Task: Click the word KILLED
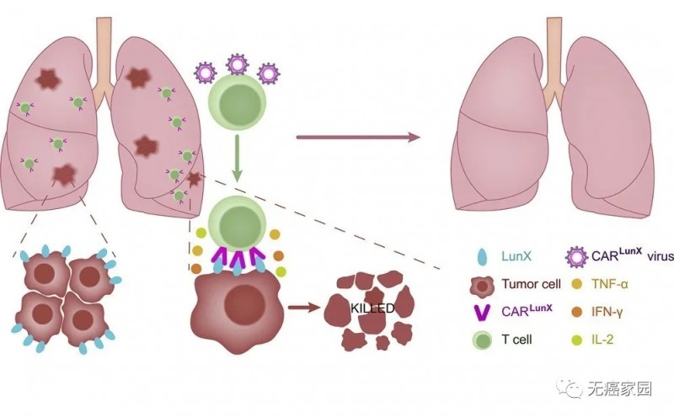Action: (x=372, y=309)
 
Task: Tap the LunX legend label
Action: (x=505, y=254)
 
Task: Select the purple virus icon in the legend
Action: (x=575, y=255)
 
